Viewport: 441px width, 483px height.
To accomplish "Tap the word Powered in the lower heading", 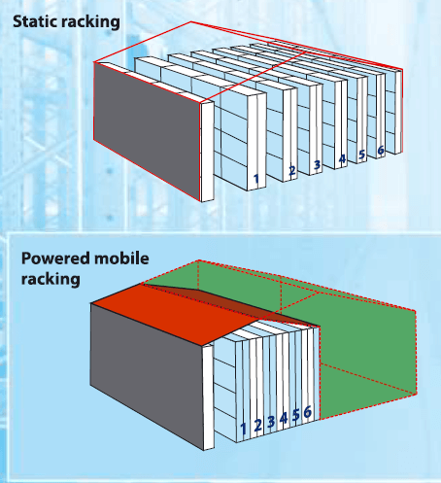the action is click(x=55, y=259).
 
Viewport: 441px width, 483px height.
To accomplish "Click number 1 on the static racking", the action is click(x=256, y=179).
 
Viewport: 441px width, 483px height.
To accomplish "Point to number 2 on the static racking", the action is click(x=292, y=170).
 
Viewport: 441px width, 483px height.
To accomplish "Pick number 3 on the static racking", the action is click(x=317, y=165).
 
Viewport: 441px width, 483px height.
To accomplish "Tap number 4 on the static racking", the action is click(x=342, y=159).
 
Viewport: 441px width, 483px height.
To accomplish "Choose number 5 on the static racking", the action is click(x=361, y=155).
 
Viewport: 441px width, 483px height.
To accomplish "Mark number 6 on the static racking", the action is click(x=381, y=150).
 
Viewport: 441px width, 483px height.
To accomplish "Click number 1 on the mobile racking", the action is click(x=244, y=429).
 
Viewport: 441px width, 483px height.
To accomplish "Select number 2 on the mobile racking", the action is click(x=257, y=426).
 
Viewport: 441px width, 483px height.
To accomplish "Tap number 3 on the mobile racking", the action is click(x=271, y=422).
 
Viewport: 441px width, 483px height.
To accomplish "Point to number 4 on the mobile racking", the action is click(x=284, y=418).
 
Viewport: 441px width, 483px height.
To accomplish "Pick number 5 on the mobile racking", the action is click(x=295, y=415).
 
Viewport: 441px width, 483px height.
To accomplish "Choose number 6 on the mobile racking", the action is click(x=308, y=412).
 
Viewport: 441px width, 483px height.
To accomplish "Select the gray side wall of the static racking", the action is click(x=147, y=130).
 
